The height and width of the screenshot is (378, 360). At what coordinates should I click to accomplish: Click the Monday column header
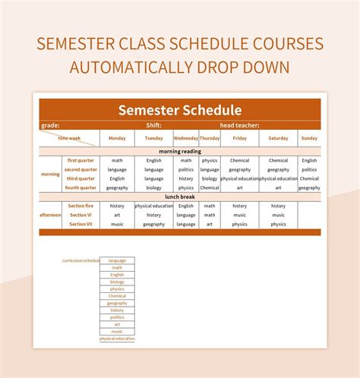117,138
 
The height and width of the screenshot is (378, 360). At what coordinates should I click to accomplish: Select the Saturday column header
278,138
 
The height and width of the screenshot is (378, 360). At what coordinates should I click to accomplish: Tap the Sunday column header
309,138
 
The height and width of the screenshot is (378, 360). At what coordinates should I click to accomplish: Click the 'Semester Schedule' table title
180,110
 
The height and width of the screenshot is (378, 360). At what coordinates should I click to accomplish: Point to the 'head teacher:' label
240,125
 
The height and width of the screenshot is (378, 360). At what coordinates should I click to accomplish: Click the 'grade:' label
50,125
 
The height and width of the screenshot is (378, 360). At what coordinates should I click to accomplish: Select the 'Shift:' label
154,125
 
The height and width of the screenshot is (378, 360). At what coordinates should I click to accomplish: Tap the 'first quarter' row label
81,160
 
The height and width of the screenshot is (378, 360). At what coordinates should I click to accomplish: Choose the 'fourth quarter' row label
81,187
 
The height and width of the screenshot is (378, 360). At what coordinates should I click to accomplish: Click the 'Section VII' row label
81,224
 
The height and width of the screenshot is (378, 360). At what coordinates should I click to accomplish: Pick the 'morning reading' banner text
180,151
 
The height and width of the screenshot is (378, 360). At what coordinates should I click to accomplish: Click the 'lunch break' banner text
180,197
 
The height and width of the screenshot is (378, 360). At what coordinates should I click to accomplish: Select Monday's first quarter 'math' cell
117,160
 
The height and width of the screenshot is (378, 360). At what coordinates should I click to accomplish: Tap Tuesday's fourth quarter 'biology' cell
154,187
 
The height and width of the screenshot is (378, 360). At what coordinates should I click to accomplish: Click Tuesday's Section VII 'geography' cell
154,224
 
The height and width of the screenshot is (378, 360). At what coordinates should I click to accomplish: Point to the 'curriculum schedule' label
81,260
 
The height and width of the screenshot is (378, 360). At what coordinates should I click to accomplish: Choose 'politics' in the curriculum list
117,317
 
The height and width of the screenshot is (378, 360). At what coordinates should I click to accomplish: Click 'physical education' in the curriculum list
117,339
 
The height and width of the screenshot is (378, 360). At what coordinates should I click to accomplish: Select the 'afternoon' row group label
50,215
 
